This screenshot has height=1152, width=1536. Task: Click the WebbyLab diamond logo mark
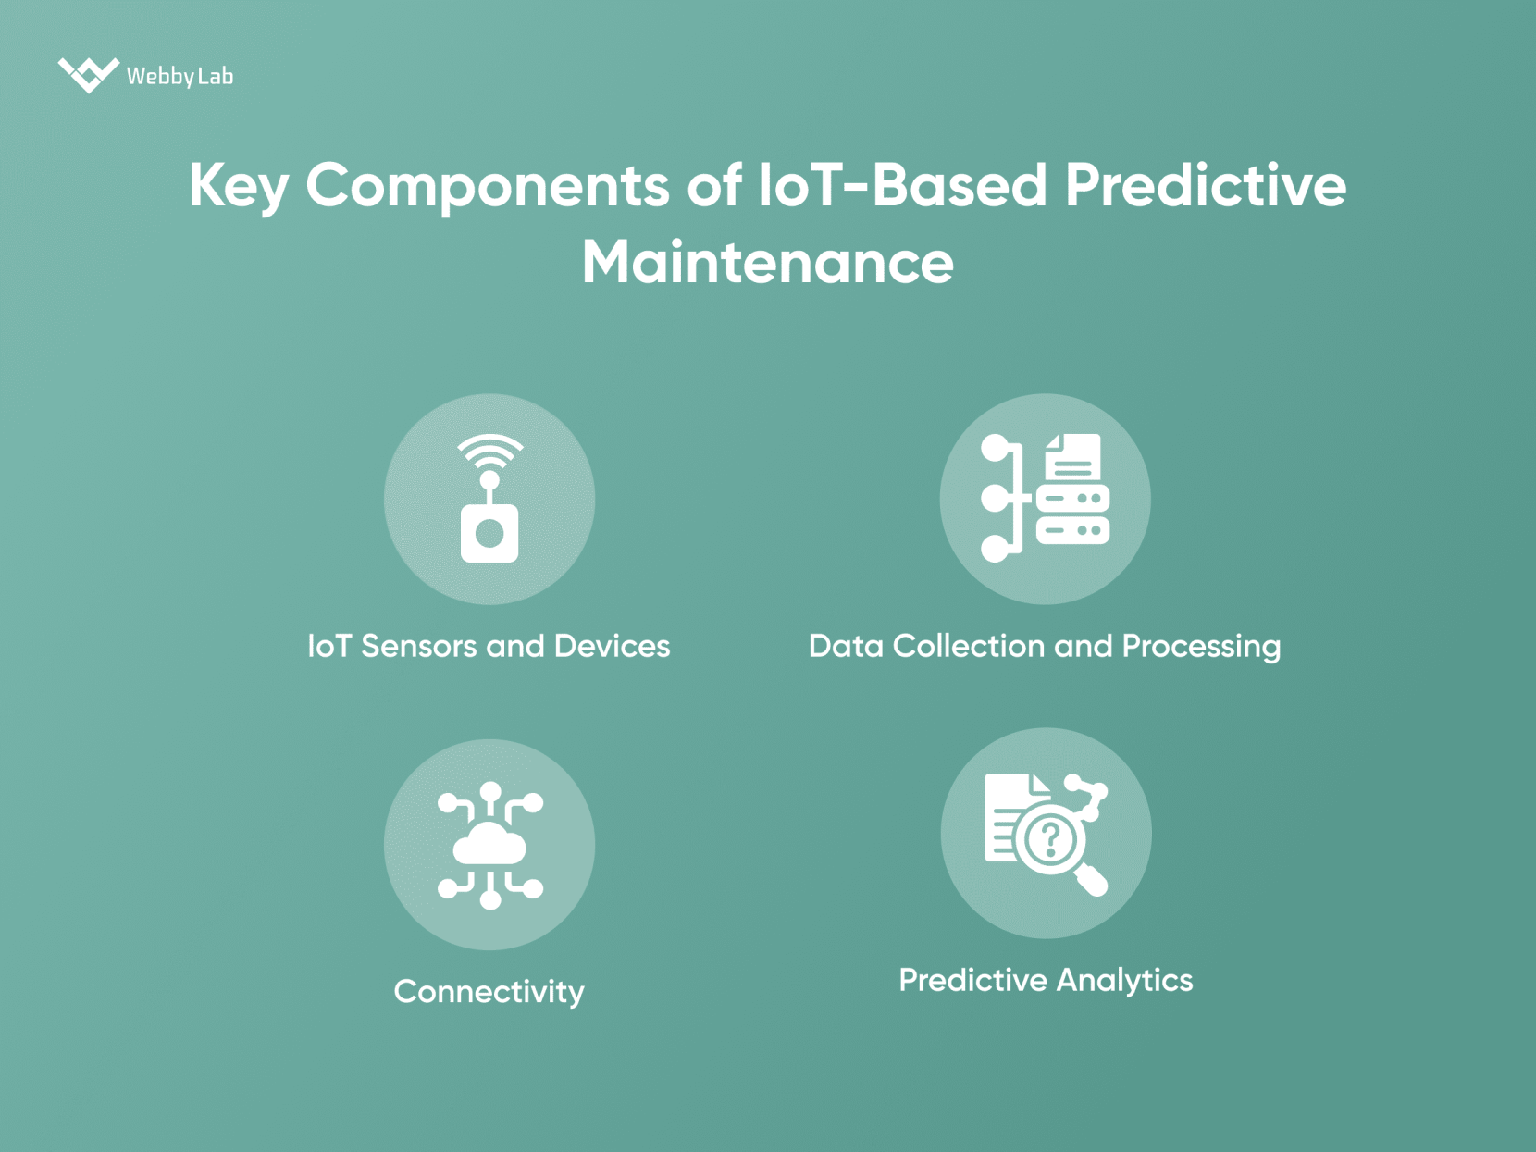[x=88, y=74]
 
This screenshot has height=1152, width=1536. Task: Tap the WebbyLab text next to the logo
[x=180, y=76]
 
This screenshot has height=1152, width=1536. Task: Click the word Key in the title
[x=239, y=186]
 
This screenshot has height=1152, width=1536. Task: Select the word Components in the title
[x=487, y=186]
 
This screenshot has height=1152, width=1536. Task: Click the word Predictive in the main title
[x=1205, y=186]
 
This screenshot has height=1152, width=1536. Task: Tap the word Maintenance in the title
[x=767, y=263]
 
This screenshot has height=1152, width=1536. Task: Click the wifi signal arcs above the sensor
[x=489, y=451]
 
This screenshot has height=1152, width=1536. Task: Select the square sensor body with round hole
[x=489, y=533]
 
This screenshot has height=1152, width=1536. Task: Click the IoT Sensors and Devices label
[x=489, y=646]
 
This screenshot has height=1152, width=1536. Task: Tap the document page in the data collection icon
[x=1073, y=456]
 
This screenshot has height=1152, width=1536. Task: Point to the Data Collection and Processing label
[x=1044, y=646]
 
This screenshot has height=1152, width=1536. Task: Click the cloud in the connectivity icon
[x=489, y=845]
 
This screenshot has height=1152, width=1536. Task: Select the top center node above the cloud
[x=490, y=792]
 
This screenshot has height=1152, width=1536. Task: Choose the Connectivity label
[x=489, y=991]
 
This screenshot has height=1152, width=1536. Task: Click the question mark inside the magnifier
[x=1050, y=838]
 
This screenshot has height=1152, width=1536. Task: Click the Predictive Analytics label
[x=1046, y=980]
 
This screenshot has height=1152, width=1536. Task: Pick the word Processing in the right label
[x=1201, y=646]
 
